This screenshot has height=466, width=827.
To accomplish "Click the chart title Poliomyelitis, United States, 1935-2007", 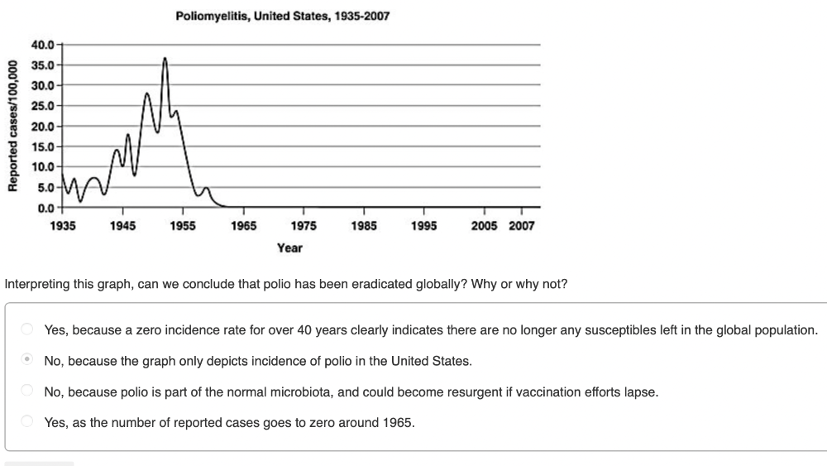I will (x=283, y=17).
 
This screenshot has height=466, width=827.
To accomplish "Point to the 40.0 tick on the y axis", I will (x=44, y=44).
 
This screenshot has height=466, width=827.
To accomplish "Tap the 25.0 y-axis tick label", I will (x=44, y=106).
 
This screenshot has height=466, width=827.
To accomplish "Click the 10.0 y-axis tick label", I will (x=44, y=167).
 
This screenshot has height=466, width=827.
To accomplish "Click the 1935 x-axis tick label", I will (x=63, y=226).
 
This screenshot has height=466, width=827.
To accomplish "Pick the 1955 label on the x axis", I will (x=183, y=226).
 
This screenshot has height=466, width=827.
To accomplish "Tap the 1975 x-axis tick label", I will (x=303, y=226).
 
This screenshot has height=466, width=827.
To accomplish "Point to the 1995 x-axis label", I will (x=423, y=226).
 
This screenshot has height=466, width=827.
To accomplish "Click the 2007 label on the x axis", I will (x=522, y=226).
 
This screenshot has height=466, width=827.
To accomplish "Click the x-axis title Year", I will (x=289, y=247).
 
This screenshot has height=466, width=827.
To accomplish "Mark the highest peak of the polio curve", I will (x=165, y=58).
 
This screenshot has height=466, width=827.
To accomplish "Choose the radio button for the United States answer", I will (x=27, y=360).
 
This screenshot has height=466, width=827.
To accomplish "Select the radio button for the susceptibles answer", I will (x=27, y=329).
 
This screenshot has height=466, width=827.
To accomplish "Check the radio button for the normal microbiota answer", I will (x=27, y=391).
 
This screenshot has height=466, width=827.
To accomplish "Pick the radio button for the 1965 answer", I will (x=27, y=421).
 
